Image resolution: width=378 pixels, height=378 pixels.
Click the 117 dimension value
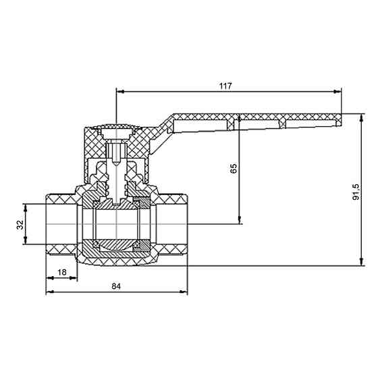(225, 86)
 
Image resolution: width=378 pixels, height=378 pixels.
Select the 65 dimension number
(234, 168)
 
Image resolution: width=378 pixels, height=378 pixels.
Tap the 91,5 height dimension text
(356, 192)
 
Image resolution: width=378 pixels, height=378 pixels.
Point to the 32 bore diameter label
(20, 225)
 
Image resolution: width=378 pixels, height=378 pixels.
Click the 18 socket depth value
(62, 272)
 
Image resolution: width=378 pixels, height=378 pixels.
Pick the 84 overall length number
(116, 286)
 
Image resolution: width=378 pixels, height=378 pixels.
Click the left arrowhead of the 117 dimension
(120, 92)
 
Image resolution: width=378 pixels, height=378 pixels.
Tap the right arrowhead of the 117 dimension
(338, 92)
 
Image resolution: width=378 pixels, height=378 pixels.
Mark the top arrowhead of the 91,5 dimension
(361, 117)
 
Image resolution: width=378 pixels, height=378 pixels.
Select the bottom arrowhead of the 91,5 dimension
(361, 262)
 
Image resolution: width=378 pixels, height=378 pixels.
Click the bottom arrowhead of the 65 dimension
(240, 221)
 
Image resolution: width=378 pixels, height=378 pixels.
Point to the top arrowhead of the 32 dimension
(26, 208)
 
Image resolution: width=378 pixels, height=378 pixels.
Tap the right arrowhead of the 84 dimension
(184, 292)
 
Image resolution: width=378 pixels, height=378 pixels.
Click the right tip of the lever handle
(342, 120)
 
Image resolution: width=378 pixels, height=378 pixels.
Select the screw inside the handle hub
(116, 153)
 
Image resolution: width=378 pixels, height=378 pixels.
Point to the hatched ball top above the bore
(116, 205)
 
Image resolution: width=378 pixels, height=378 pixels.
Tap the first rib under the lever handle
(231, 124)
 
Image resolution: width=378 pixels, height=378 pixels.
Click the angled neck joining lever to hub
(161, 135)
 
